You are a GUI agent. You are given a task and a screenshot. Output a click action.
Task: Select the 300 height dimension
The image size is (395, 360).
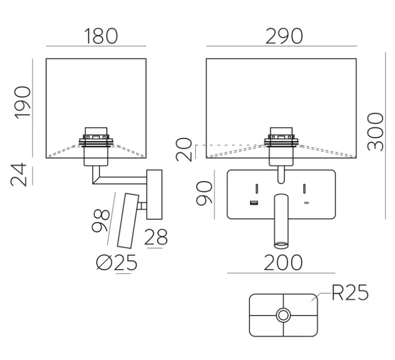(375, 132)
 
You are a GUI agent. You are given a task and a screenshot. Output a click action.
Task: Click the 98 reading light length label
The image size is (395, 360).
(101, 220)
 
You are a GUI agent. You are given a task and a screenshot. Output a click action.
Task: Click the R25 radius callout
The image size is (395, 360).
(349, 293)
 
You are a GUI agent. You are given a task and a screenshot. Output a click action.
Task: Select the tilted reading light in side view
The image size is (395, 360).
(127, 220)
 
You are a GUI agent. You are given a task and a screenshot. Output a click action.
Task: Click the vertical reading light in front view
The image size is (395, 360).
(281, 221)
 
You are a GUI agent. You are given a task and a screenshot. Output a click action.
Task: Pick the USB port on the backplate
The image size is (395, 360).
(254, 203)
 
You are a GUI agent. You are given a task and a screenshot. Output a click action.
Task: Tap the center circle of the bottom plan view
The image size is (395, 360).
(283, 315)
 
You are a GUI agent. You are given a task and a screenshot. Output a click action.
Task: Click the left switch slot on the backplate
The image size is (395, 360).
(256, 188)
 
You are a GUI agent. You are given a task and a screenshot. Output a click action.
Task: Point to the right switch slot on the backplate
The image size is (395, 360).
(306, 188)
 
